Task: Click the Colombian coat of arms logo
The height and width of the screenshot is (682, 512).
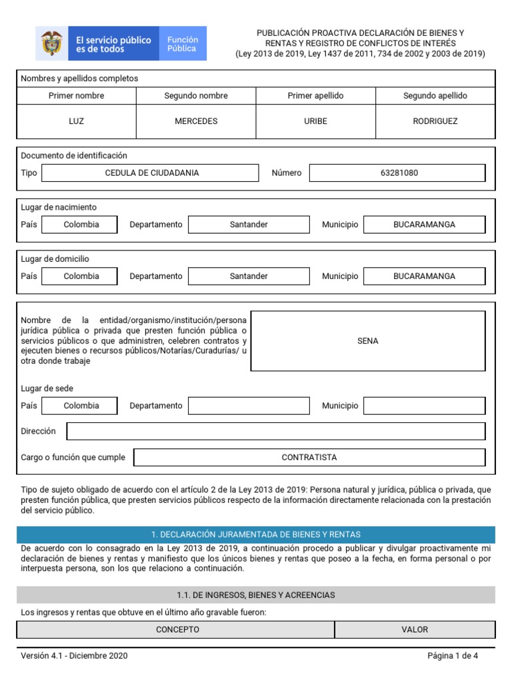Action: [x=50, y=43]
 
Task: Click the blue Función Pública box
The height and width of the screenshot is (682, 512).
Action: [x=182, y=44]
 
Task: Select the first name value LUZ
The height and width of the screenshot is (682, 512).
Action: [x=76, y=121]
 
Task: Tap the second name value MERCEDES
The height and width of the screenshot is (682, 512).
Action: [x=196, y=121]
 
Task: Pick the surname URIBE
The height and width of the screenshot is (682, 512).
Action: [x=315, y=121]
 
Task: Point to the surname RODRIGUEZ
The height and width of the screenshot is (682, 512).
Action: [x=435, y=121]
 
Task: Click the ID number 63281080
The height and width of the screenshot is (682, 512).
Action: [x=399, y=173]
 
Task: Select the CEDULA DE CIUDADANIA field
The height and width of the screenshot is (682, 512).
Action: [x=151, y=173]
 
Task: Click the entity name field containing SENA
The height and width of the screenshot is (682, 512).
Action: [x=367, y=341]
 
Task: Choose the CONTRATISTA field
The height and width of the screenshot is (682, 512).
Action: [x=309, y=458]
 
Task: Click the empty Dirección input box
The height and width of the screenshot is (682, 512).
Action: [x=276, y=432]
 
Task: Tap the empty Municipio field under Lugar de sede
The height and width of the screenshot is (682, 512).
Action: [x=424, y=406]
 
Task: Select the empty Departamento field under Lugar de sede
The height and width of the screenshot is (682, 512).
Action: [x=249, y=406]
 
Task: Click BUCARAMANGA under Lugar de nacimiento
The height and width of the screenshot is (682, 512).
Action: [x=424, y=225]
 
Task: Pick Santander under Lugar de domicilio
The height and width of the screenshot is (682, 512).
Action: [x=249, y=276]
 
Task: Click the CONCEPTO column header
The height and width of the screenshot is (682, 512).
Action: [x=177, y=629]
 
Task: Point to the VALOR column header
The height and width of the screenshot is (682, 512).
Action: [x=415, y=629]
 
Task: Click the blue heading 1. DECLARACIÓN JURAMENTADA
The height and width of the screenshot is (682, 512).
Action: [x=256, y=535]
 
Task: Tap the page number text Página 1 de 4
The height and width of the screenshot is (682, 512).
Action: [x=453, y=656]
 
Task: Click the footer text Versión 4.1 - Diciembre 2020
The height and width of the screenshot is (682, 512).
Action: [x=74, y=656]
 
